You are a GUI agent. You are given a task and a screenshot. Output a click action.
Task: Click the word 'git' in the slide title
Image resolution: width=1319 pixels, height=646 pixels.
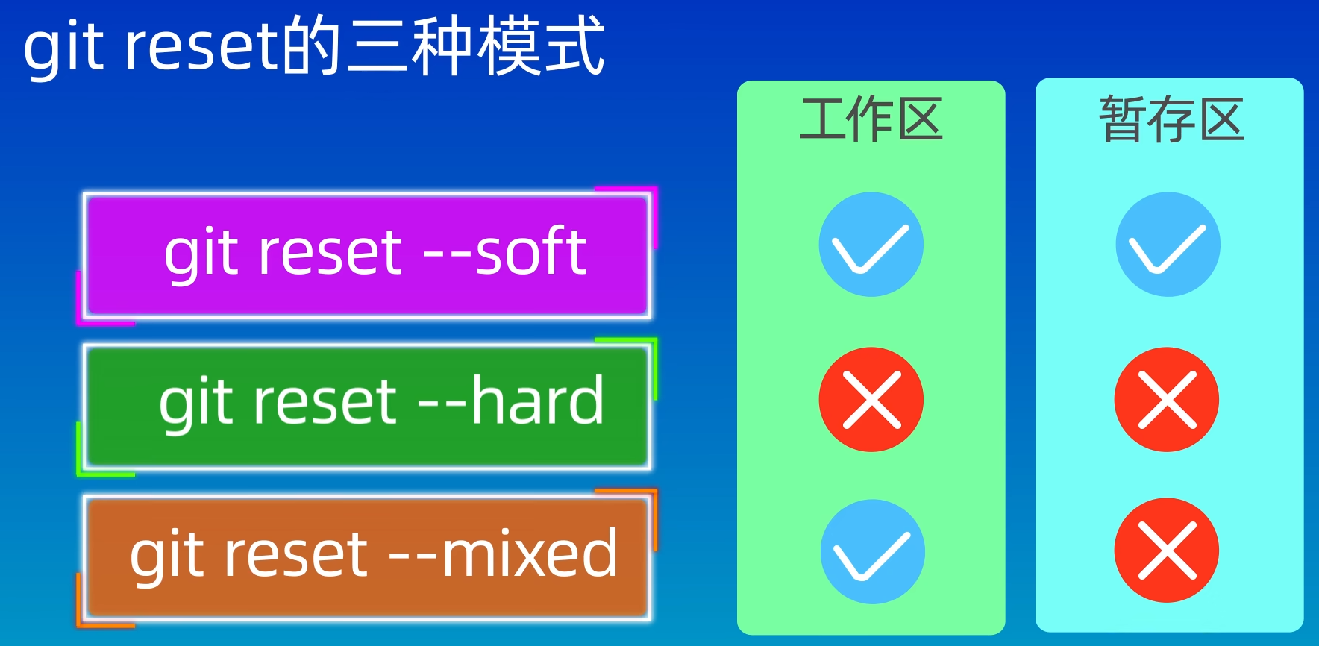(63, 48)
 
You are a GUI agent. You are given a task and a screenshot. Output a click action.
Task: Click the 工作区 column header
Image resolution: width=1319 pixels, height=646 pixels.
(871, 119)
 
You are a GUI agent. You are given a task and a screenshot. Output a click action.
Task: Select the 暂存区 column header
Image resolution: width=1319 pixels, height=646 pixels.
(1171, 119)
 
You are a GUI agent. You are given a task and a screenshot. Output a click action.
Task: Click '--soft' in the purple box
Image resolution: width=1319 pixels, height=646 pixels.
(504, 252)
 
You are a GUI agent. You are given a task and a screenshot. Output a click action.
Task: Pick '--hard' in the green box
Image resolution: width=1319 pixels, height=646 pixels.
(510, 401)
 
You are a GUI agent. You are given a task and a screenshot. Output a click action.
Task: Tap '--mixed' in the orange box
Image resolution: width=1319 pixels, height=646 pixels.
(504, 553)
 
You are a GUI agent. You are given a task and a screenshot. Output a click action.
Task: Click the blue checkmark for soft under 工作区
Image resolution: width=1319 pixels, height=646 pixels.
(871, 245)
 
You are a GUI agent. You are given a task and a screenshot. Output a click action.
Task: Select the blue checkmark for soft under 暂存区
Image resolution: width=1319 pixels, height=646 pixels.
(1168, 245)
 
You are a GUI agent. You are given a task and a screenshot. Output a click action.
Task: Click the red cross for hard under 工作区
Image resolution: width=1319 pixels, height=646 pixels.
(871, 400)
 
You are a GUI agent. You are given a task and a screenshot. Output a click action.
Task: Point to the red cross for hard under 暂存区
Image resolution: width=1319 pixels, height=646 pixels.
(1167, 400)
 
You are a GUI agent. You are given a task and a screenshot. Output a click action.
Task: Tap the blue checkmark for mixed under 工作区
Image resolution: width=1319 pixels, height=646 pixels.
(873, 552)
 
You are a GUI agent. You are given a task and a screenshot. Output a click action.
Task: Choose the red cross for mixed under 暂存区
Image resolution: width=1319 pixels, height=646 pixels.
(1167, 551)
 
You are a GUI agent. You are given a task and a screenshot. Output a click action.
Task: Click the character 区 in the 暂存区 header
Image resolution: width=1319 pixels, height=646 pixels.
(1221, 119)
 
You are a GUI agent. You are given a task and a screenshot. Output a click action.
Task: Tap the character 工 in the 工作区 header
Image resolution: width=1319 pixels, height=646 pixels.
(822, 119)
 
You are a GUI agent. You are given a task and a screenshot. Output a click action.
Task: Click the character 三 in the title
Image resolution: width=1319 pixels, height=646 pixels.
(377, 48)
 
